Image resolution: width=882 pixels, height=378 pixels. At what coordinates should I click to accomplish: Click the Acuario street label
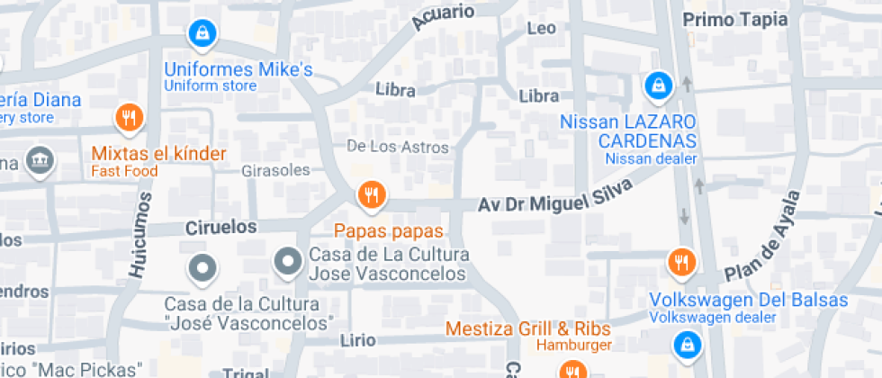tap(443, 18)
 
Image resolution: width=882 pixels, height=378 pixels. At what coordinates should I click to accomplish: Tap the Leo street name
tap(541, 29)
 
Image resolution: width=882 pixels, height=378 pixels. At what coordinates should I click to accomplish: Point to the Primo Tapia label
tap(735, 20)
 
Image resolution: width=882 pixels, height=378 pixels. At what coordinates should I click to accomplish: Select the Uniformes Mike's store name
tap(238, 69)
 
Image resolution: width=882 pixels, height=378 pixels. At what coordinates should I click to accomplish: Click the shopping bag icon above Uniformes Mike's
tap(203, 35)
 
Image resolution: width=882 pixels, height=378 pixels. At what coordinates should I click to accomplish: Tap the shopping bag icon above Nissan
tap(659, 87)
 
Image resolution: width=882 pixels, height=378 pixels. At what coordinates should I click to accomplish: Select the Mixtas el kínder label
tap(158, 154)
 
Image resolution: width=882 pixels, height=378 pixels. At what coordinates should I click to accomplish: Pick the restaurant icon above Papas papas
tap(370, 193)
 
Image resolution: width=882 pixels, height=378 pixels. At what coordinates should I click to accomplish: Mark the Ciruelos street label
tap(221, 226)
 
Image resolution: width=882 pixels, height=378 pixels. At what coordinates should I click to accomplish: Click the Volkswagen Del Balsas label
tap(749, 301)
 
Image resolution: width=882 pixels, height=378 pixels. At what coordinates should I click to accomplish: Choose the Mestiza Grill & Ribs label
tap(528, 328)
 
